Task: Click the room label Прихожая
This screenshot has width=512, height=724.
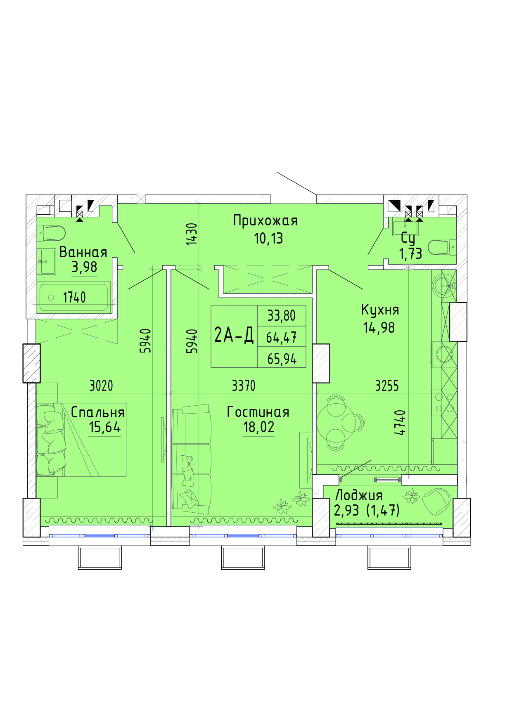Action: point(265,221)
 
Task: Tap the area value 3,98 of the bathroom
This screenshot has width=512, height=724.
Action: point(85,267)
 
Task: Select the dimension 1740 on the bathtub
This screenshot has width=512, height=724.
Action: point(74,297)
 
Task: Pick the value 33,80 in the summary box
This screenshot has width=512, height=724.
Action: point(282,316)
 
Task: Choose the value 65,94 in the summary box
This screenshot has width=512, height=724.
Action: point(282,359)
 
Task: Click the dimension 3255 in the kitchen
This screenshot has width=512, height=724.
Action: point(387,386)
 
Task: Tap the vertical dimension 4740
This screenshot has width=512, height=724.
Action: point(400,422)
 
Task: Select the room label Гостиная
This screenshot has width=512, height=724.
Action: point(258,412)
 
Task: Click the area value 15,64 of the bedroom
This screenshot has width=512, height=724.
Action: point(105,427)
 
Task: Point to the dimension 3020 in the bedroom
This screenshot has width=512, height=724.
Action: point(101,386)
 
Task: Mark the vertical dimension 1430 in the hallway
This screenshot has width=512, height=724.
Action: point(192,234)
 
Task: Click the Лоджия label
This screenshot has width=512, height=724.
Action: point(359,495)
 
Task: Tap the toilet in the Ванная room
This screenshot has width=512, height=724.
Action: point(52,233)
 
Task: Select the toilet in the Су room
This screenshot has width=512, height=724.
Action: point(442,247)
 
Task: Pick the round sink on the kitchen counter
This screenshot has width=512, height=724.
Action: point(443,285)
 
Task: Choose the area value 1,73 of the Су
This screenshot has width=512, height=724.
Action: point(410,253)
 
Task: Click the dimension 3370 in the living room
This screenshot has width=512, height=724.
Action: point(244,386)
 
